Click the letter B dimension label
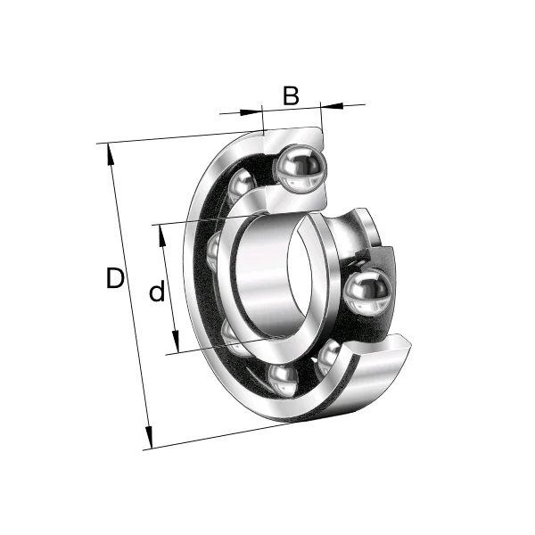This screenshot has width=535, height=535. pyautogui.click(x=291, y=95)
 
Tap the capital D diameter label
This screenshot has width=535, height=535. pyautogui.click(x=114, y=279)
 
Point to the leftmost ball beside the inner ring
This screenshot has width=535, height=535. pyautogui.click(x=215, y=251)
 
